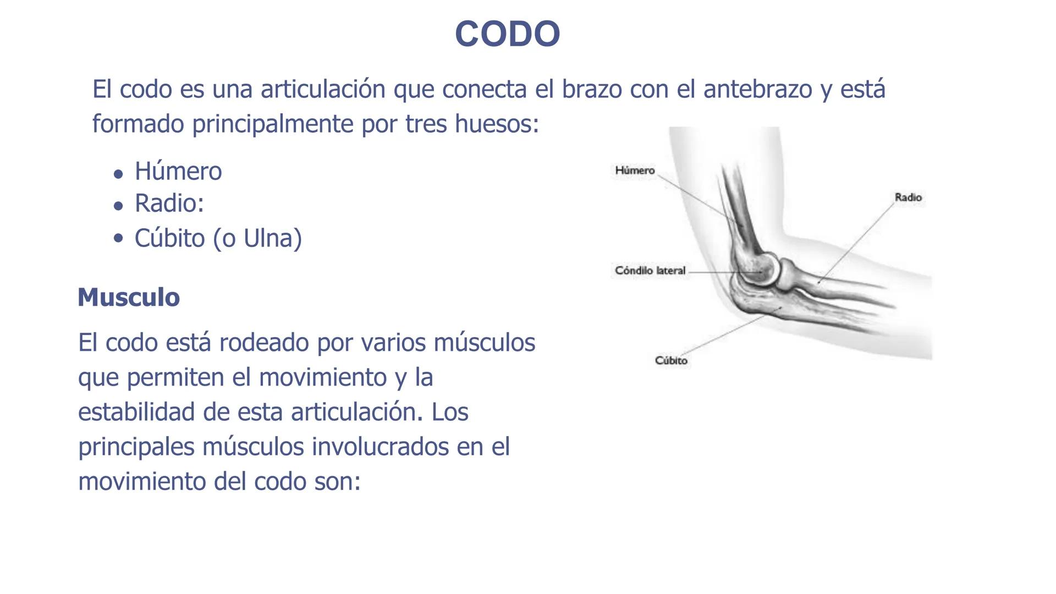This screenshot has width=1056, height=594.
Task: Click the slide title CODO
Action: click(507, 34)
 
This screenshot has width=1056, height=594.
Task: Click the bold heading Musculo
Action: click(129, 297)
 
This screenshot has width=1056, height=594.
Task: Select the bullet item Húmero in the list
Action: click(178, 171)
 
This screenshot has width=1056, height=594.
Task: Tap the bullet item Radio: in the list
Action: click(169, 203)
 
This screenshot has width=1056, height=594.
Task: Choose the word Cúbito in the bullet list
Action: click(169, 238)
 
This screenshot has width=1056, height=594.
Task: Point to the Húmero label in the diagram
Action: click(635, 170)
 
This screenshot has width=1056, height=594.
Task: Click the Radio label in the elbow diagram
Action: click(908, 197)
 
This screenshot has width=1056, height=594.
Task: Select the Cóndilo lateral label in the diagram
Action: click(650, 271)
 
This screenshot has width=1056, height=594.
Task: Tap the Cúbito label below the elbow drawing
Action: click(671, 360)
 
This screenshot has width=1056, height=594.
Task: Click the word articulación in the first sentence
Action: click(323, 89)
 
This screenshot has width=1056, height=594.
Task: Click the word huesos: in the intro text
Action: click(497, 124)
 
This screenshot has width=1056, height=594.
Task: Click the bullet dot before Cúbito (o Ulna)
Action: click(118, 239)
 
